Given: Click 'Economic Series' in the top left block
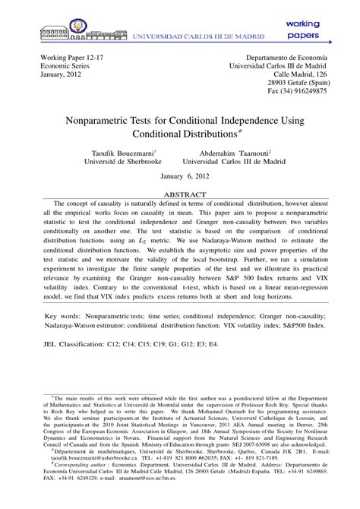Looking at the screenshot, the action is coord(55,66).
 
